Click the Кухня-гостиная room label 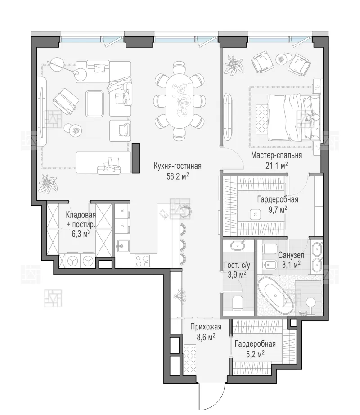tap(177, 166)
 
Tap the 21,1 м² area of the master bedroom tap(276, 166)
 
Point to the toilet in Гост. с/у tap(238, 303)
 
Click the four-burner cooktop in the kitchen tap(142, 261)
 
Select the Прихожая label tap(206, 327)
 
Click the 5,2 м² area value tap(255, 354)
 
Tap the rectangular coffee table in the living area tap(94, 104)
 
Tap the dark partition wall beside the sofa tap(136, 158)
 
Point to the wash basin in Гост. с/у tap(238, 246)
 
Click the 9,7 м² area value tap(278, 210)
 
